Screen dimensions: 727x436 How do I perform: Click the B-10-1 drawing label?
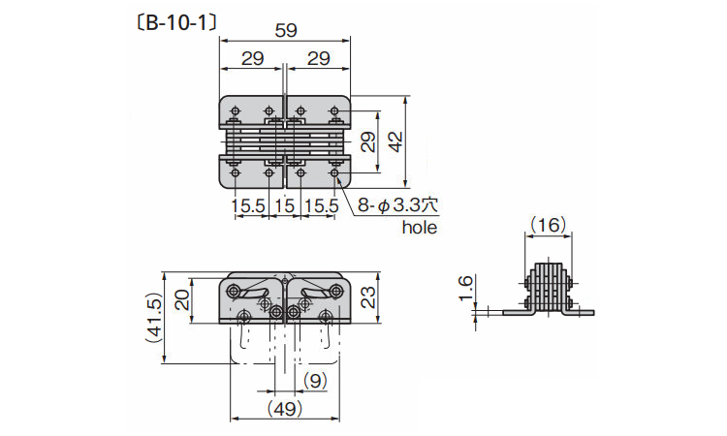click(x=176, y=22)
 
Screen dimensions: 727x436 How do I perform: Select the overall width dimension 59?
click(x=286, y=31)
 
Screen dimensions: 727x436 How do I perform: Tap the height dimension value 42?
click(x=395, y=141)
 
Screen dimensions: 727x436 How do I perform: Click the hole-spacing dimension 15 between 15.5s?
click(x=284, y=205)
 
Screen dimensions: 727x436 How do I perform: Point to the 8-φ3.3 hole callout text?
click(x=397, y=205)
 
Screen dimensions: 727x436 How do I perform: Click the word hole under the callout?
click(x=419, y=227)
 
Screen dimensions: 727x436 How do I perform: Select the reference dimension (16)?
click(x=548, y=225)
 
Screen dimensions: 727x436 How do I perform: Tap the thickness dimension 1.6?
click(x=465, y=288)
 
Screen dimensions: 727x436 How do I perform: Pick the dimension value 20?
click(x=183, y=299)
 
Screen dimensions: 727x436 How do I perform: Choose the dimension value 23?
click(x=366, y=297)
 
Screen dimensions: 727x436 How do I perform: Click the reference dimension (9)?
click(x=315, y=381)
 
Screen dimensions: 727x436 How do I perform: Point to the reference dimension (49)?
click(x=285, y=409)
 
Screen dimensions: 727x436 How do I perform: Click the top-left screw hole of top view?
click(x=236, y=111)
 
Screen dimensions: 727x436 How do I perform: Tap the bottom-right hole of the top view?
click(x=334, y=172)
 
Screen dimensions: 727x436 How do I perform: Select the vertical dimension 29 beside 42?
click(x=368, y=141)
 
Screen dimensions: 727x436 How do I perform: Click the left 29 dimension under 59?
click(x=253, y=59)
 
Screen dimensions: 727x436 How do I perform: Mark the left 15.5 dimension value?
click(x=248, y=205)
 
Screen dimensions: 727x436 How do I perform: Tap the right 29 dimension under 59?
click(x=319, y=59)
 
